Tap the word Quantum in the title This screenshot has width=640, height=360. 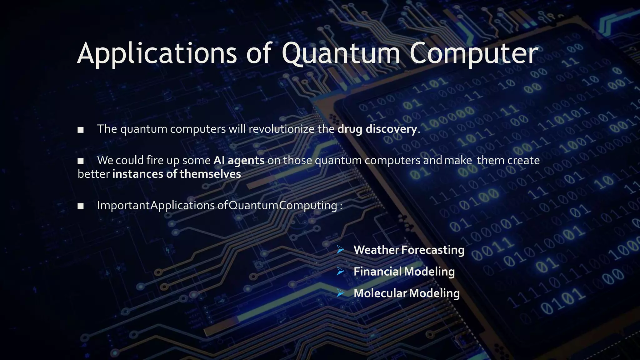(341, 54)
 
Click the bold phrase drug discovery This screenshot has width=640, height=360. (377, 129)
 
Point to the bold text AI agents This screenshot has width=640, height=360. (239, 160)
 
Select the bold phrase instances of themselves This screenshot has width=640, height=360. (177, 174)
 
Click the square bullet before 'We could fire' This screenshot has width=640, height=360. (81, 161)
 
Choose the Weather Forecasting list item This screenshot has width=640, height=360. (409, 250)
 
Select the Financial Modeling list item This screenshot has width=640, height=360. (404, 272)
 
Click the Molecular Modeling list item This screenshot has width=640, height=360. (407, 293)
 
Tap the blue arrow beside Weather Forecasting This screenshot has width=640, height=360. (340, 250)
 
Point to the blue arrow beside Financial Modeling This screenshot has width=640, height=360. (340, 272)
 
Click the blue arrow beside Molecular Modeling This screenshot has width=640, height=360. (340, 293)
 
